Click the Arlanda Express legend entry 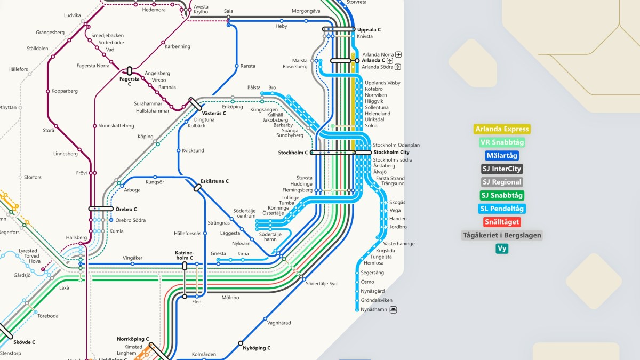click(x=502, y=129)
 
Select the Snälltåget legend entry click(x=501, y=222)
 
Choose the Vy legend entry click(x=501, y=249)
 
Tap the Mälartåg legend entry click(x=501, y=156)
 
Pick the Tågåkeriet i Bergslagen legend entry click(x=501, y=235)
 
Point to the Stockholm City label click(x=391, y=153)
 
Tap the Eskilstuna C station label click(x=214, y=181)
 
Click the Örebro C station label click(x=126, y=209)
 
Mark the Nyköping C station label click(x=256, y=348)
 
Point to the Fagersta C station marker click(x=129, y=71)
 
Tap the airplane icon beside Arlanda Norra click(x=398, y=54)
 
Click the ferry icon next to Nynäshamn click(x=394, y=309)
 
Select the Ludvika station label click(x=72, y=15)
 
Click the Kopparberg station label click(x=65, y=91)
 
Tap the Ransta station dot click(x=236, y=66)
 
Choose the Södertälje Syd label click(x=322, y=283)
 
